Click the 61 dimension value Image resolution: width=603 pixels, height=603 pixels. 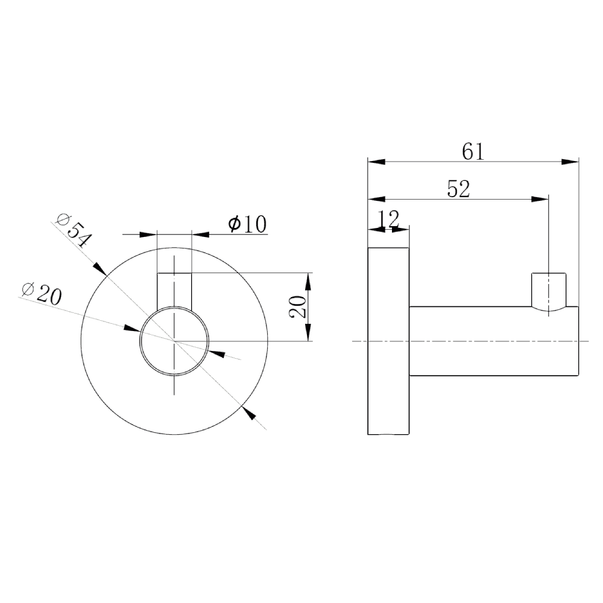(x=473, y=151)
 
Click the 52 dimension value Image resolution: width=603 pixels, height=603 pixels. (x=459, y=189)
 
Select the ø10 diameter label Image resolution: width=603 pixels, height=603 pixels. (x=247, y=224)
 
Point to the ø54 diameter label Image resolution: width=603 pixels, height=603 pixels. (x=73, y=231)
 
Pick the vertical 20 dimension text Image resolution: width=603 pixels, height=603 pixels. (x=297, y=308)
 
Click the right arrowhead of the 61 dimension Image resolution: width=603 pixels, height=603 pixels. (x=570, y=162)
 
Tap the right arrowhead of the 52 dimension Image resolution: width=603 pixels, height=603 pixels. (x=540, y=198)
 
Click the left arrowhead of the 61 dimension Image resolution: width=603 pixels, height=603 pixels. (x=376, y=162)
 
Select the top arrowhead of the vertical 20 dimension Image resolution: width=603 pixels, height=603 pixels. (x=308, y=281)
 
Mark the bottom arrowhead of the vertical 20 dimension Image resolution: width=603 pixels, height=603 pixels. (x=308, y=333)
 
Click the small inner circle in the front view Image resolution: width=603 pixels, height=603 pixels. (x=174, y=341)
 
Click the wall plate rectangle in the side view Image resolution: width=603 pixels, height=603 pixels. (x=389, y=341)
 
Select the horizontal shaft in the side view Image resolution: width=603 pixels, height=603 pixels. (x=494, y=341)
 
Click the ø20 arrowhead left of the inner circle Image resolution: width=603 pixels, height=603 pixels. (x=132, y=329)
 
